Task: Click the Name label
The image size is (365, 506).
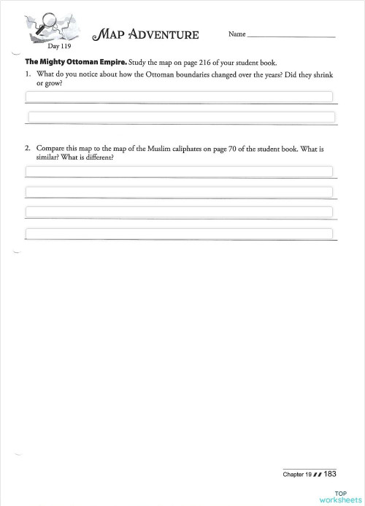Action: [x=237, y=34]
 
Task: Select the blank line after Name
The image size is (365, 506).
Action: [x=291, y=36]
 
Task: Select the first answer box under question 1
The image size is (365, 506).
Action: [x=179, y=96]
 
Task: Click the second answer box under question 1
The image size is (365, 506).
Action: [x=179, y=117]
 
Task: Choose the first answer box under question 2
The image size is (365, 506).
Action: [x=179, y=171]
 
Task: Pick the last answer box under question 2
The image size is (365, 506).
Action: [x=179, y=233]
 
